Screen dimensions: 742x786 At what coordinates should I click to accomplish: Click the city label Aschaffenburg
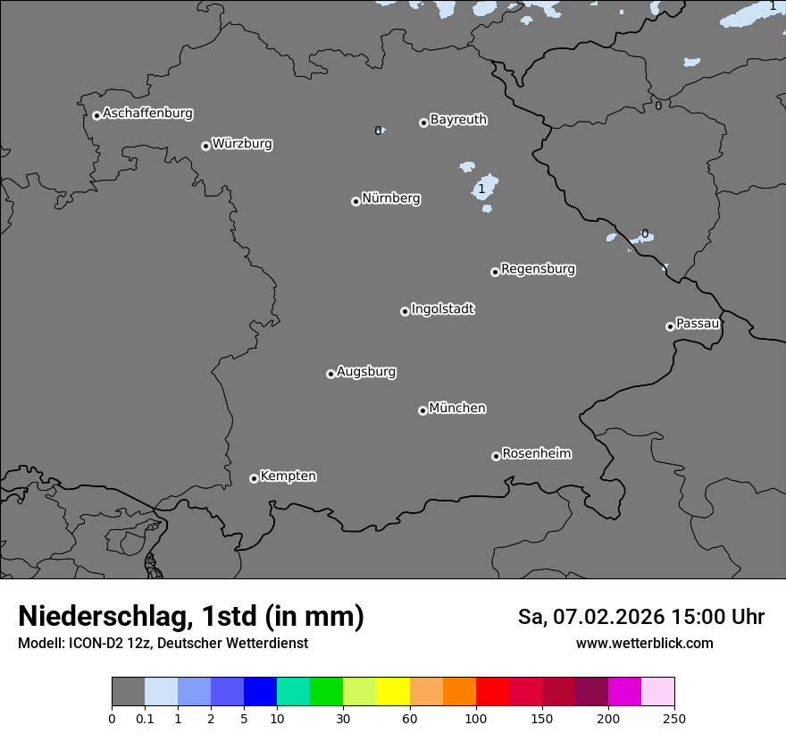[147, 114]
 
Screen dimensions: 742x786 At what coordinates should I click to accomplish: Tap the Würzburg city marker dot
[205, 146]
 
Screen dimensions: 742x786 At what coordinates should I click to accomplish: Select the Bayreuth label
[458, 120]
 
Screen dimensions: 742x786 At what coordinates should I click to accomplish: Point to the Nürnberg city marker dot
[355, 201]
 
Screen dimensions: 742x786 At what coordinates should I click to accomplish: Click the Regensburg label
[538, 269]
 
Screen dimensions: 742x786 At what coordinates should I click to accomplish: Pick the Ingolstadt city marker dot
[405, 311]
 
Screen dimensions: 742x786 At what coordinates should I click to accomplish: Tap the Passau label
[698, 324]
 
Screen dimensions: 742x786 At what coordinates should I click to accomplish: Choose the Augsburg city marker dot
[330, 374]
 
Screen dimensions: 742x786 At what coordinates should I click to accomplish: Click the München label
[457, 409]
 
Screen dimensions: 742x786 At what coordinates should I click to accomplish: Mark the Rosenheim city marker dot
[496, 457]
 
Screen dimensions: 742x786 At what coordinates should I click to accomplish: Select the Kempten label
[288, 476]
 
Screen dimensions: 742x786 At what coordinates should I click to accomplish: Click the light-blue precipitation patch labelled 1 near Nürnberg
[483, 189]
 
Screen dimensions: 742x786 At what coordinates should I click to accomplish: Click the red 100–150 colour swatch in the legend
[492, 692]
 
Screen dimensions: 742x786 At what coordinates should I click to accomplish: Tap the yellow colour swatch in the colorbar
[393, 692]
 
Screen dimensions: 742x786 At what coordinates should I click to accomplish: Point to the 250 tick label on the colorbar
[673, 718]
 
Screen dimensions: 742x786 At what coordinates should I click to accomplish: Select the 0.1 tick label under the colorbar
[145, 718]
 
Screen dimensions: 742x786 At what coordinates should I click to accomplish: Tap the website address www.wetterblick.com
[644, 643]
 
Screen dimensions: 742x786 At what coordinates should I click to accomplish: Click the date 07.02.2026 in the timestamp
[609, 617]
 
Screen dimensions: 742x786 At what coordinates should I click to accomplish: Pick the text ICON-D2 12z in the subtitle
[109, 643]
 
